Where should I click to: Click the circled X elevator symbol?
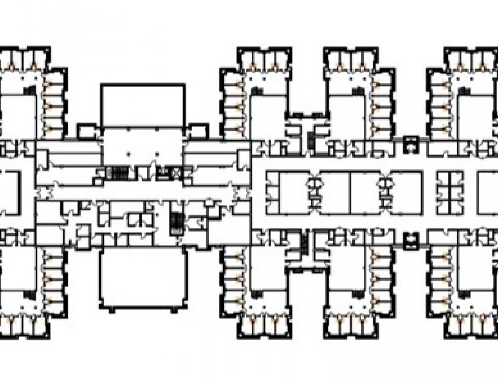(x=175, y=173)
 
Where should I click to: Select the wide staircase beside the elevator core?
(x=118, y=173)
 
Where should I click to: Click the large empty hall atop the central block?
(x=142, y=105)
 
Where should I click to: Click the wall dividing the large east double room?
(x=350, y=193)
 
